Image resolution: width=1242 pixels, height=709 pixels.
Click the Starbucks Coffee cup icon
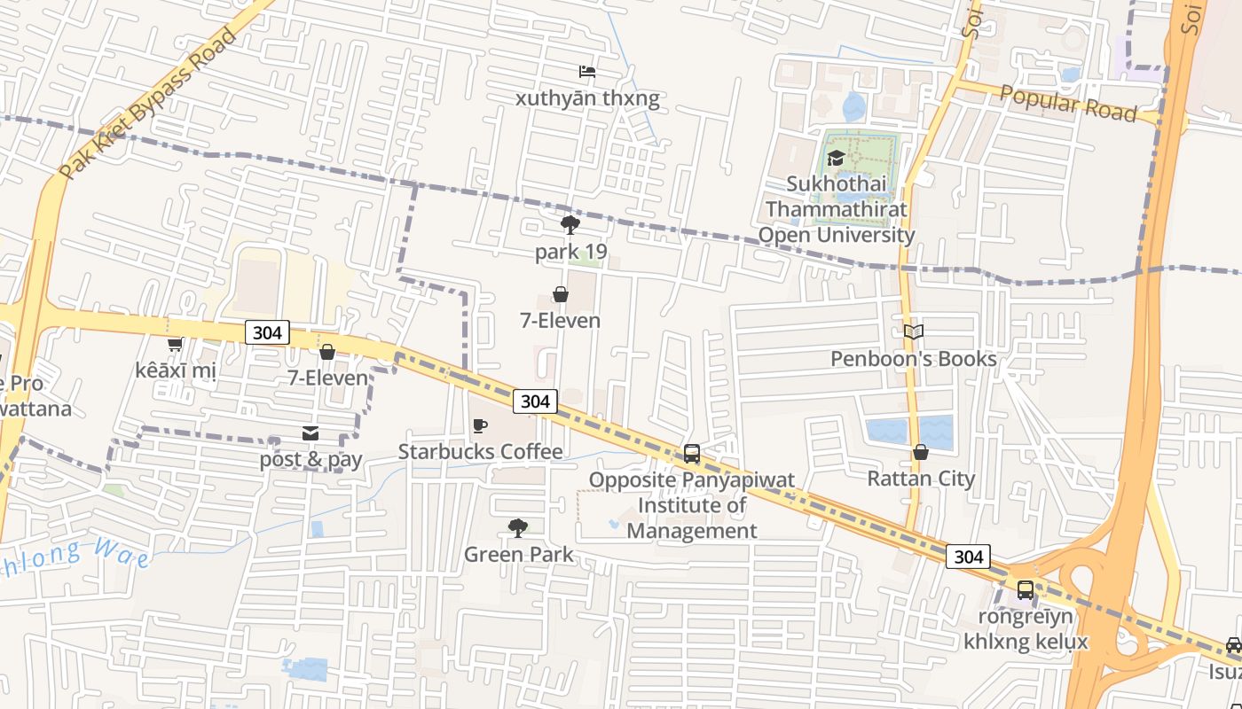pyautogui.click(x=480, y=426)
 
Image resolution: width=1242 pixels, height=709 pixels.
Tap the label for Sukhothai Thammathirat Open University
pyautogui.click(x=836, y=210)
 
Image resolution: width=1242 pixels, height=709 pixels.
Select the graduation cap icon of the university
pyautogui.click(x=835, y=159)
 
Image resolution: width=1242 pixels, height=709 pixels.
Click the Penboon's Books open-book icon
pyautogui.click(x=914, y=332)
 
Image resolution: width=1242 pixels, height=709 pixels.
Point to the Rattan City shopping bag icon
pyautogui.click(x=921, y=453)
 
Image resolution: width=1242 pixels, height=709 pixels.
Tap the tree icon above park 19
pyautogui.click(x=570, y=225)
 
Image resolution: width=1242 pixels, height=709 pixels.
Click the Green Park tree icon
pyautogui.click(x=518, y=529)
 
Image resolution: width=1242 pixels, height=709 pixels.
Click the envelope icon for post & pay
pyautogui.click(x=310, y=433)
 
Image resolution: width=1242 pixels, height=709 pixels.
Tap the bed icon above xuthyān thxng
pyautogui.click(x=587, y=72)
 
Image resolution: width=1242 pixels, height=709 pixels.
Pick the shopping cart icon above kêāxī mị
pyautogui.click(x=175, y=344)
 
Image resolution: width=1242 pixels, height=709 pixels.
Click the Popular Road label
pyautogui.click(x=1068, y=105)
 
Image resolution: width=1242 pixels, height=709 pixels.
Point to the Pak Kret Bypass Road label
pyautogui.click(x=149, y=102)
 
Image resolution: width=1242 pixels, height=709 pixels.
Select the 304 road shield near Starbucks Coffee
pyautogui.click(x=535, y=401)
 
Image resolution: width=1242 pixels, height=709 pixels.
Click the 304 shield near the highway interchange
pyautogui.click(x=968, y=557)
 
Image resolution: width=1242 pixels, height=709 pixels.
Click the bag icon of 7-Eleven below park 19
pyautogui.click(x=561, y=294)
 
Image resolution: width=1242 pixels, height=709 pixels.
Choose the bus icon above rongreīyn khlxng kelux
pyautogui.click(x=1025, y=590)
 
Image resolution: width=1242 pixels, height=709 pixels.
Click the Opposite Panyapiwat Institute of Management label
pyautogui.click(x=692, y=505)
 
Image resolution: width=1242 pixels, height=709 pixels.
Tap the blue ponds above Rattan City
pyautogui.click(x=909, y=431)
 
